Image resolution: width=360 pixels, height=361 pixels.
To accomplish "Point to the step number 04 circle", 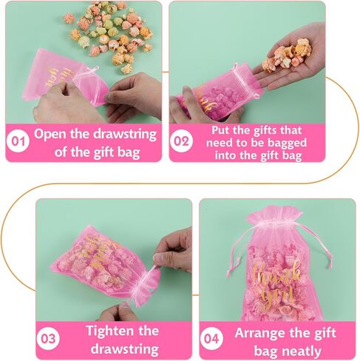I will click(212, 340).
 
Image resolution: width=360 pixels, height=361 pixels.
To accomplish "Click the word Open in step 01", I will click(52, 135).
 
